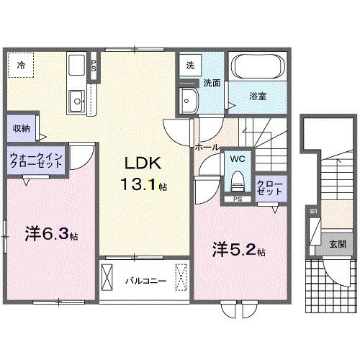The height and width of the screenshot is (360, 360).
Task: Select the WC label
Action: pyautogui.click(x=238, y=157)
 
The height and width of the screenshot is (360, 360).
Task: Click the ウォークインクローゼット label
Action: pyautogui.click(x=36, y=161)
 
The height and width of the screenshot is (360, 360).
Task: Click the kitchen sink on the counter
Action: pyautogui.click(x=76, y=99)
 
